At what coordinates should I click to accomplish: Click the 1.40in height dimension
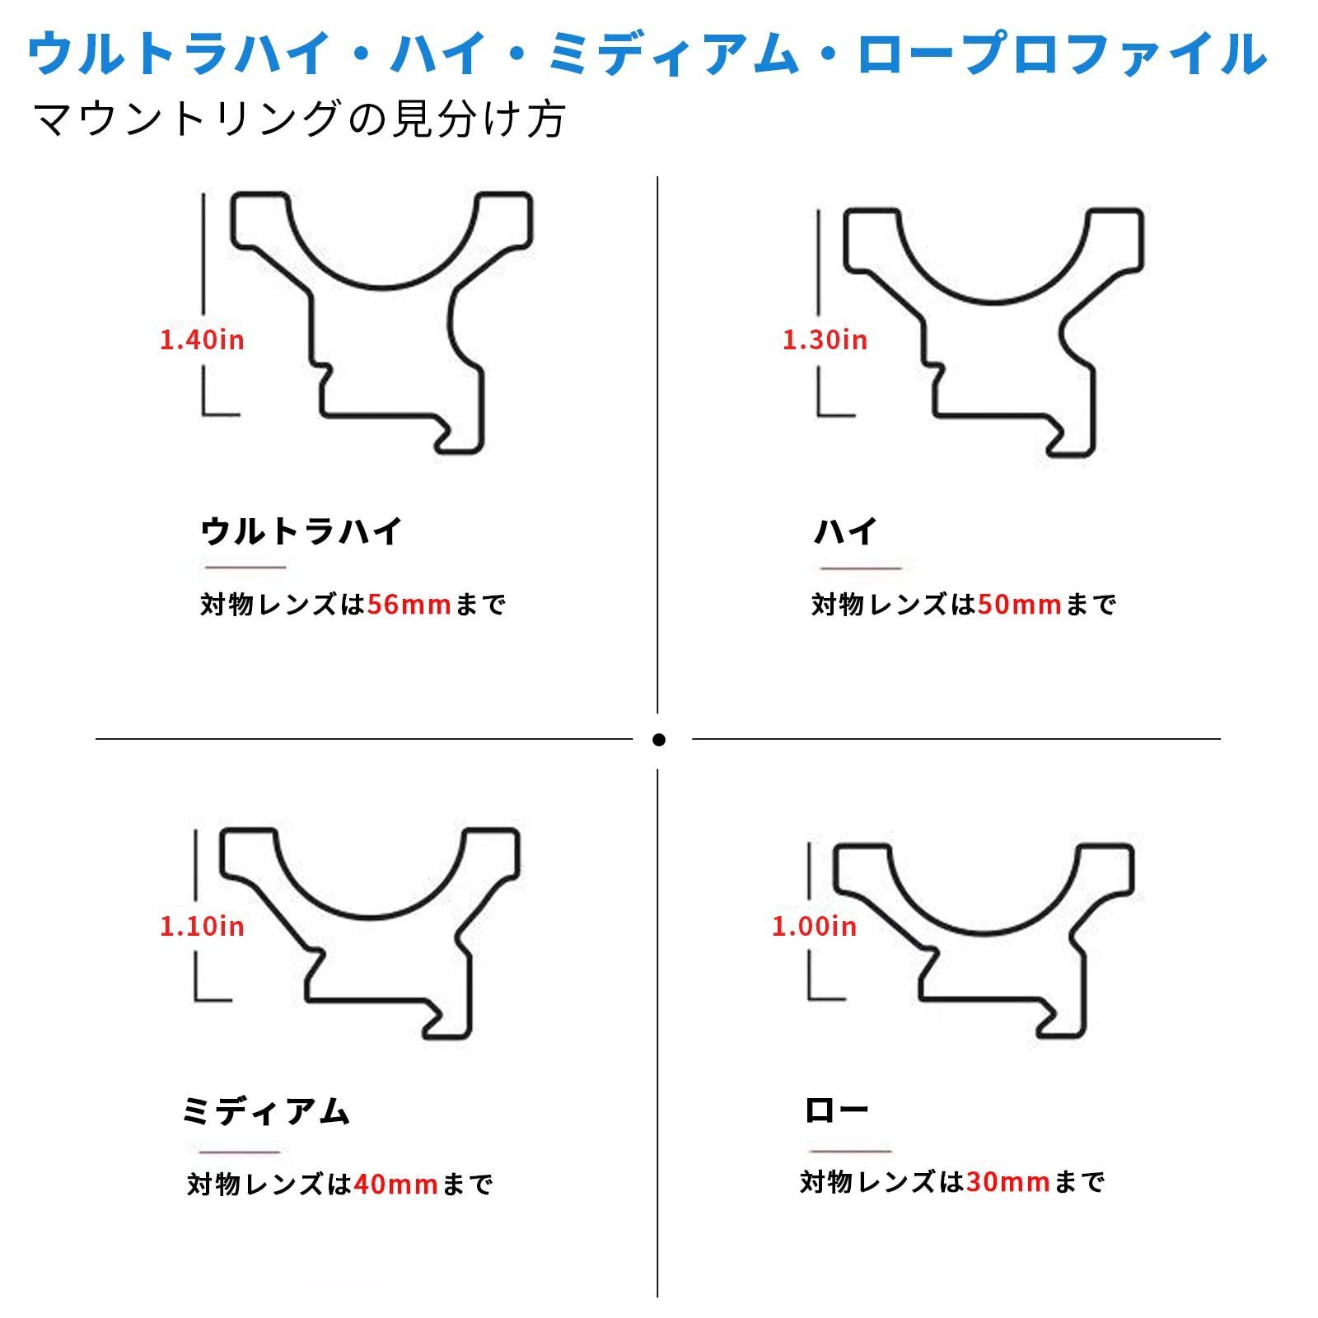coord(202,339)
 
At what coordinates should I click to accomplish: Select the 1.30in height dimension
coord(825,339)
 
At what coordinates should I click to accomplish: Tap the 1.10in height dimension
coord(202,926)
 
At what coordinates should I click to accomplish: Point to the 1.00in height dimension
coord(814,926)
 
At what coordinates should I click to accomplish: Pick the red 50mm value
coord(1020,605)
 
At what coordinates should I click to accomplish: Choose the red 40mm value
coord(395,1185)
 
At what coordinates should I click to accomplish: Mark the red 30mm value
coord(1008,1182)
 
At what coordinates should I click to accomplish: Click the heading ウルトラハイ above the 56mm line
coord(301,531)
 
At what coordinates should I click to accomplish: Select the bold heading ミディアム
coord(266,1112)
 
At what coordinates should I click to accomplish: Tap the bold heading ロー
coord(836,1110)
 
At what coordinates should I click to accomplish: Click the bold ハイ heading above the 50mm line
coord(845,531)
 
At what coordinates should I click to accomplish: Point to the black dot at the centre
coord(658,740)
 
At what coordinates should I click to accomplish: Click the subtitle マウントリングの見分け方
coord(301,119)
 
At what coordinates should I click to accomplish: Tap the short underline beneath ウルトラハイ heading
coord(245,567)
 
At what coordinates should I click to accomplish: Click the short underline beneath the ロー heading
coord(850,1151)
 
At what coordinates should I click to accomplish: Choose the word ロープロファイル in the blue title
coord(1063,54)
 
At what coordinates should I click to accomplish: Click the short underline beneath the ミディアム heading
coord(240,1152)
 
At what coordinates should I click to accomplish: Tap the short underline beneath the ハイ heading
coord(861,568)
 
